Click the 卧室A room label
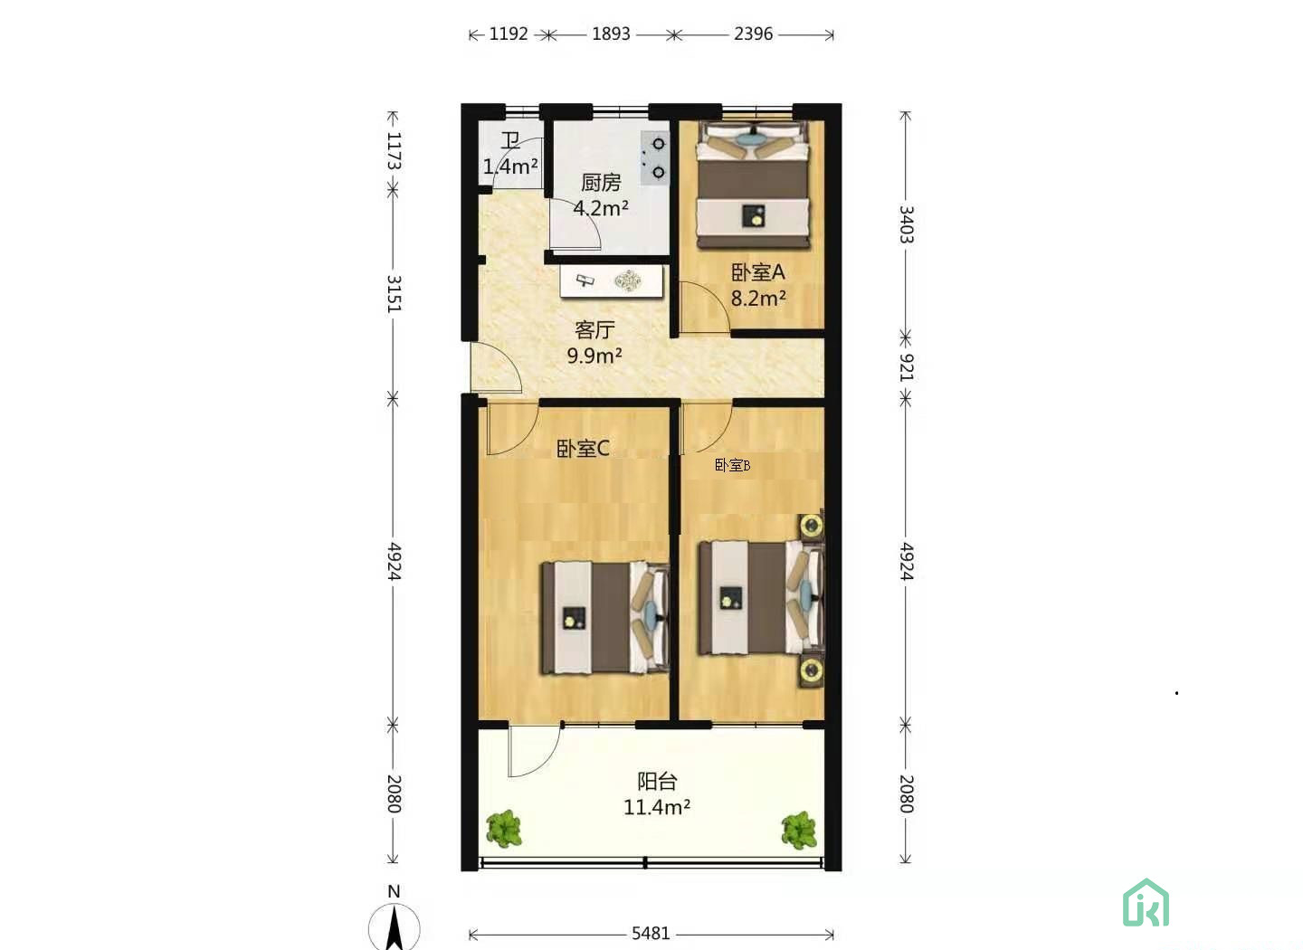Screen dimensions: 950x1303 click(758, 272)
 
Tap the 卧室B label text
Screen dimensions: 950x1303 click(732, 465)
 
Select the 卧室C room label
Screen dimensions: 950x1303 click(583, 449)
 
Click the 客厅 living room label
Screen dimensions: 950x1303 click(594, 330)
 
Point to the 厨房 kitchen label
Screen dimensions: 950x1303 click(601, 184)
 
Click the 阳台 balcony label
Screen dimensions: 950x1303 click(657, 782)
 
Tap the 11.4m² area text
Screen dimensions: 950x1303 click(657, 807)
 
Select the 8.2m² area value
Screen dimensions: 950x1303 click(758, 298)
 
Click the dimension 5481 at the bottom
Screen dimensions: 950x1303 click(651, 934)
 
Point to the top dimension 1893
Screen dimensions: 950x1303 click(612, 34)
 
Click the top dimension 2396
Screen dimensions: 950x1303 click(753, 34)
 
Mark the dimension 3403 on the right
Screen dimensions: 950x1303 click(906, 224)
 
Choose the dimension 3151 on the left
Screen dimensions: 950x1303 click(394, 294)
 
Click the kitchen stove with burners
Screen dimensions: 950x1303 click(655, 158)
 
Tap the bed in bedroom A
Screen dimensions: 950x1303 click(752, 185)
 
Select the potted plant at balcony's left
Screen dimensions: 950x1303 click(503, 829)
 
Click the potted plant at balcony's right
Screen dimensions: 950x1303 click(799, 830)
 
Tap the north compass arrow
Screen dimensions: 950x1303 click(395, 927)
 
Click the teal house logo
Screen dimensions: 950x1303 click(1146, 903)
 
